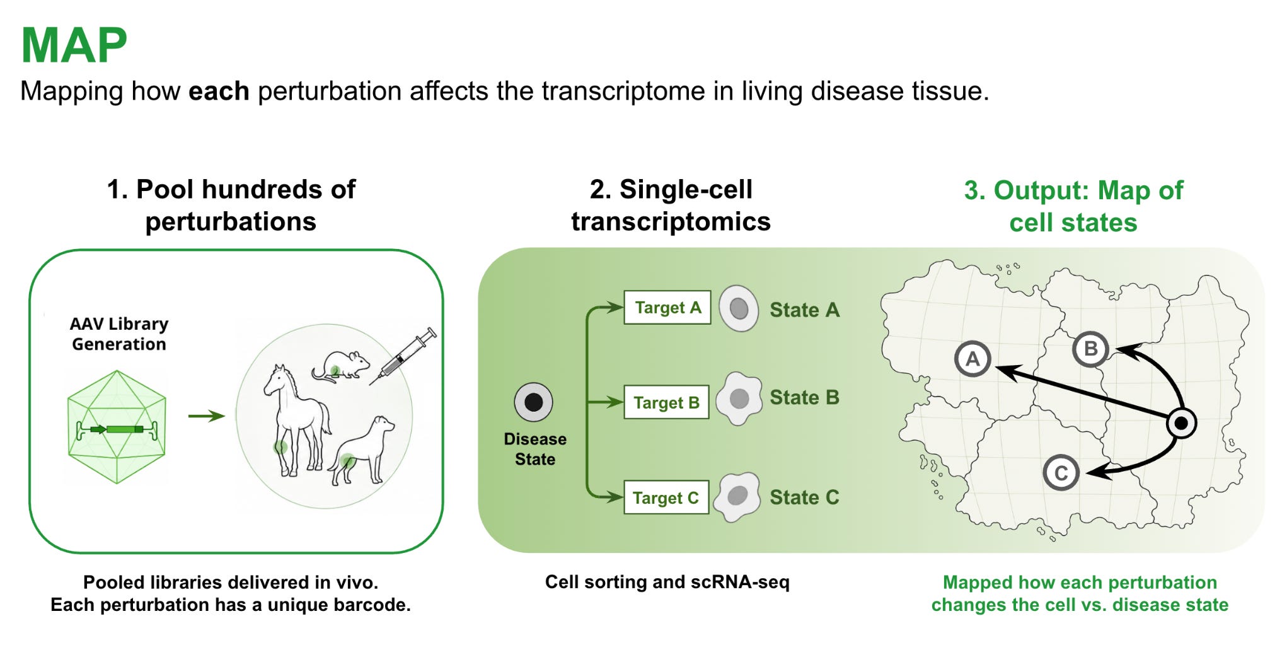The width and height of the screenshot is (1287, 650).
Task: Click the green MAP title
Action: click(x=74, y=45)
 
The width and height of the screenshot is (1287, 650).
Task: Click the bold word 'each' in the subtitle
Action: click(x=219, y=91)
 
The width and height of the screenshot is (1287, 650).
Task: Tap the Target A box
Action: click(x=667, y=308)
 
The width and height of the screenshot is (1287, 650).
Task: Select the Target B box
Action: click(x=666, y=402)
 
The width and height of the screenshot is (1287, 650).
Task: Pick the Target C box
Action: click(x=666, y=497)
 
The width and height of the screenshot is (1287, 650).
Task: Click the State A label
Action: click(x=805, y=310)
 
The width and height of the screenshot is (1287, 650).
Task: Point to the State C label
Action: click(x=804, y=497)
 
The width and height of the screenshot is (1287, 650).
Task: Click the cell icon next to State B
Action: click(x=738, y=398)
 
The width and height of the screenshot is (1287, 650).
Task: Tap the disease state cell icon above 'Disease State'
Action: click(x=533, y=402)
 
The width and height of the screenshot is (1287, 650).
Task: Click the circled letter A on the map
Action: click(x=972, y=359)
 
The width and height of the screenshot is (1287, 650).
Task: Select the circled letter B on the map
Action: click(x=1090, y=349)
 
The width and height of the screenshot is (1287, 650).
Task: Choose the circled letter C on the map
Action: click(x=1061, y=473)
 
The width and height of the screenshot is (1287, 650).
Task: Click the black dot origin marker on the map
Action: click(x=1181, y=423)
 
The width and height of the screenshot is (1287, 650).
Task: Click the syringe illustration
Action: click(x=403, y=356)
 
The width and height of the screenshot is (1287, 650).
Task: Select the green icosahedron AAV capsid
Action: click(x=117, y=427)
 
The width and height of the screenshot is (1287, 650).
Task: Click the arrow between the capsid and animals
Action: click(x=207, y=416)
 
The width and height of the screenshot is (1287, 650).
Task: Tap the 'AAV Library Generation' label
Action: click(x=119, y=334)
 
